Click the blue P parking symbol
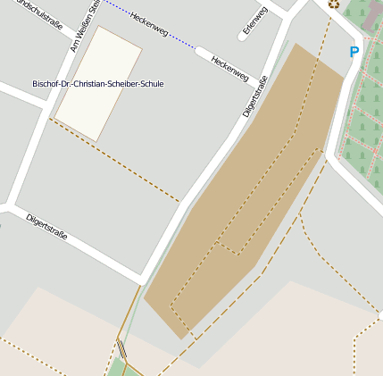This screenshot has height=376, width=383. [x=354, y=52]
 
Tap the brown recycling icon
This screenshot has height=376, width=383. [x=333, y=4]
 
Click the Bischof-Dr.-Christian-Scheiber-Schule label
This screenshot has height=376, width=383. [x=97, y=83]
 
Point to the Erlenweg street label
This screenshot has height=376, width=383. [x=254, y=22]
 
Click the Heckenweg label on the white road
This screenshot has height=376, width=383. [x=229, y=66]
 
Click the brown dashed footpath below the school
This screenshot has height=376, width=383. [x=116, y=161]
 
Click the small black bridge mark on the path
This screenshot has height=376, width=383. [x=121, y=347]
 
